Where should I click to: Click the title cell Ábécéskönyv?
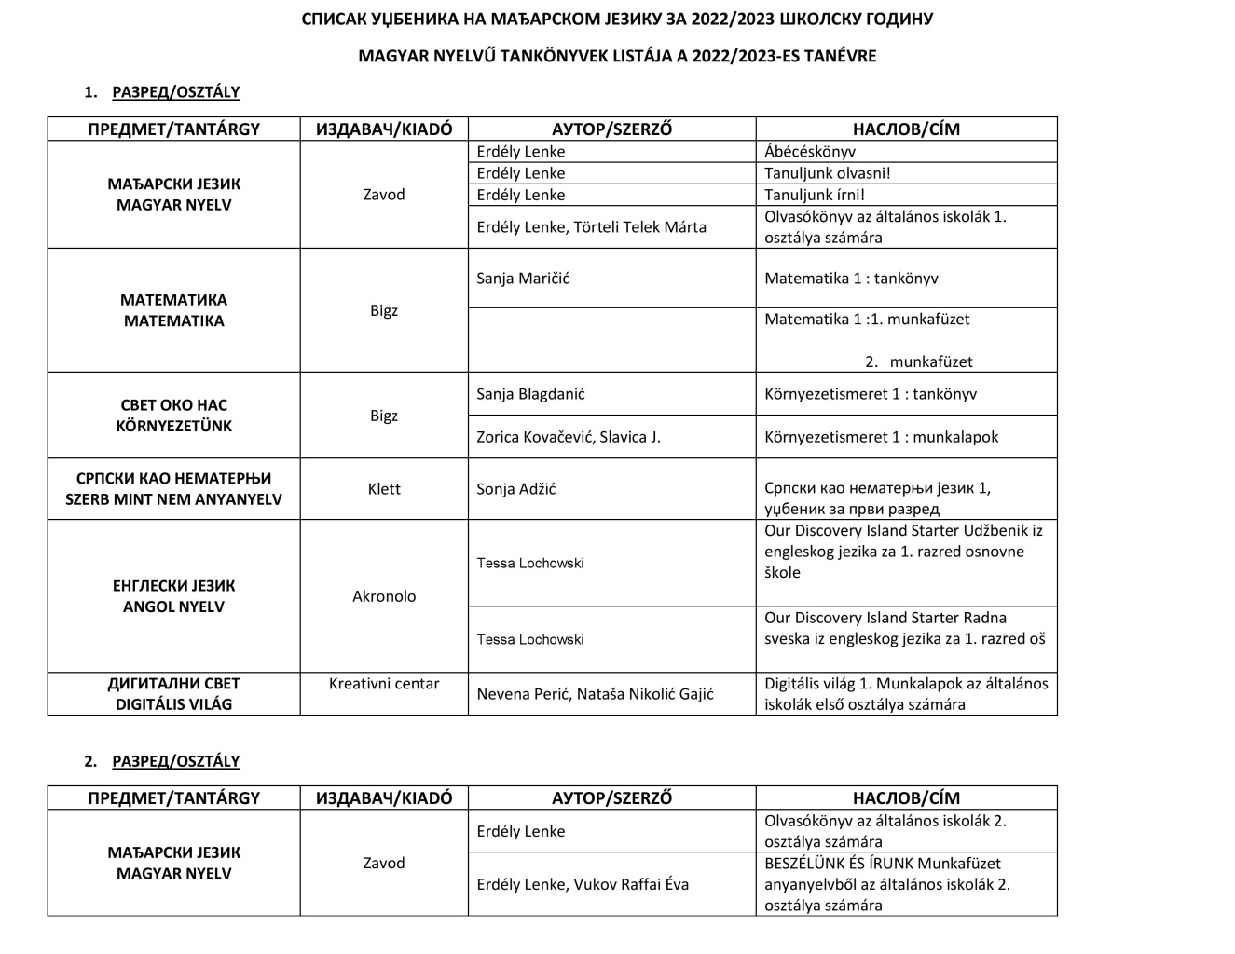click(810, 152)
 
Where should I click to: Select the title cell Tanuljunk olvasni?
click(827, 173)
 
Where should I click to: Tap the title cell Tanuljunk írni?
click(814, 195)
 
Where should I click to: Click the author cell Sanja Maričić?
click(523, 279)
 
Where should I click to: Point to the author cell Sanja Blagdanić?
click(530, 394)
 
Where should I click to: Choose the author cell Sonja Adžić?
click(515, 489)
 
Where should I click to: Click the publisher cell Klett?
click(384, 489)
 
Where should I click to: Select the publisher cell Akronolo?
click(384, 596)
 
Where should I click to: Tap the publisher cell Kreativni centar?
click(384, 684)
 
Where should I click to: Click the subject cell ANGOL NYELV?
click(174, 606)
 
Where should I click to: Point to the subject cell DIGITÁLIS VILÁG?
click(174, 704)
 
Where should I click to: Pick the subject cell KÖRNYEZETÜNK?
click(174, 426)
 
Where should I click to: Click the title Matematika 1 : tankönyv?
click(851, 279)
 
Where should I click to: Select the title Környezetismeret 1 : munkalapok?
click(881, 437)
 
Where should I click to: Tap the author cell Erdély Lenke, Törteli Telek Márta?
click(591, 227)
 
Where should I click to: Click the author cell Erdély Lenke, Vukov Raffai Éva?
click(583, 884)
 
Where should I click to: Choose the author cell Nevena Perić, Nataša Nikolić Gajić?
click(595, 694)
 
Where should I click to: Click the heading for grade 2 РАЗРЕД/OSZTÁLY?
click(175, 761)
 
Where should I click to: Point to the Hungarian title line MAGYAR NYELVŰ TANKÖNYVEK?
click(617, 56)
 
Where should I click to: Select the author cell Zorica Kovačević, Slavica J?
click(569, 437)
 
